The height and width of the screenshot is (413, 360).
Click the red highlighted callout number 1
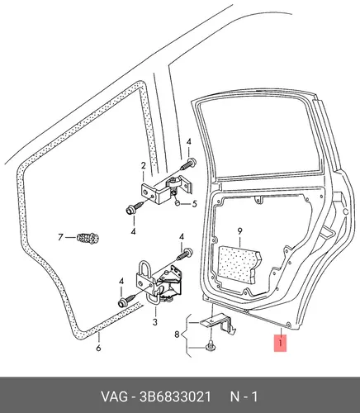280,344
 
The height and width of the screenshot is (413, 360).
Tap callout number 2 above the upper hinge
143,166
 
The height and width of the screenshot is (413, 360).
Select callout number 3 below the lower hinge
155,321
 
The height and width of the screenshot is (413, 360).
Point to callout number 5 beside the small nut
194,204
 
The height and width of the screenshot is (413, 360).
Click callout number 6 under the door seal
98,348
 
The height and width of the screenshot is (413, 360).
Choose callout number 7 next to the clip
60,237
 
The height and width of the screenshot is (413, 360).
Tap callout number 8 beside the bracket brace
177,335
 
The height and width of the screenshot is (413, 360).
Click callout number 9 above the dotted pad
239,231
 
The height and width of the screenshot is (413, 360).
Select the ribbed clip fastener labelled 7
88,239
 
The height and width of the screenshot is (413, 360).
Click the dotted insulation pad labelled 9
239,264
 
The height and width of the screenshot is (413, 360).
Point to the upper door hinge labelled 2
167,189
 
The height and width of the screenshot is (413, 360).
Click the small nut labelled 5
178,203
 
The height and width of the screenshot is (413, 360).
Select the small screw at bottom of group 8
211,345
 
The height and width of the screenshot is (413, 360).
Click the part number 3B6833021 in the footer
175,396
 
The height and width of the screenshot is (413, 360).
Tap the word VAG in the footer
114,396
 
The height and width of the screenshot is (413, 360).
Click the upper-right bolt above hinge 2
188,164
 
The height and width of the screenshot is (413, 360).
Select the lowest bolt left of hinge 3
126,300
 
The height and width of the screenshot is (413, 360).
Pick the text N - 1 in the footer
244,396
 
